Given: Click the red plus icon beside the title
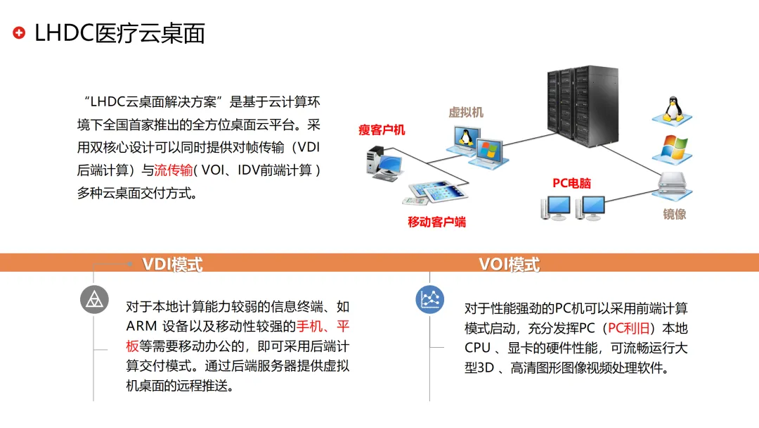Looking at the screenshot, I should (x=20, y=32).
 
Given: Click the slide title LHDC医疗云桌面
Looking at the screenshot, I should (x=119, y=32).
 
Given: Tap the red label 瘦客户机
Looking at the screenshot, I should (x=382, y=130).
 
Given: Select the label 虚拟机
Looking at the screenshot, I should (x=466, y=112).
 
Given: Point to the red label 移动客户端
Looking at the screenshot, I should (x=436, y=222).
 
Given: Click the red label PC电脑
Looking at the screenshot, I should (x=571, y=183).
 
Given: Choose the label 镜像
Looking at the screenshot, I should (x=674, y=214).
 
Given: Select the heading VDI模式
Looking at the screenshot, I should (x=172, y=265).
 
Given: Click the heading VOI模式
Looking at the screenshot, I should (x=509, y=265).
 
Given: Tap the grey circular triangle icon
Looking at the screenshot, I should (x=93, y=300).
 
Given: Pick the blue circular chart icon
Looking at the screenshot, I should (x=429, y=300).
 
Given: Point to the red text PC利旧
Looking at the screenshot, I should (x=630, y=328).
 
